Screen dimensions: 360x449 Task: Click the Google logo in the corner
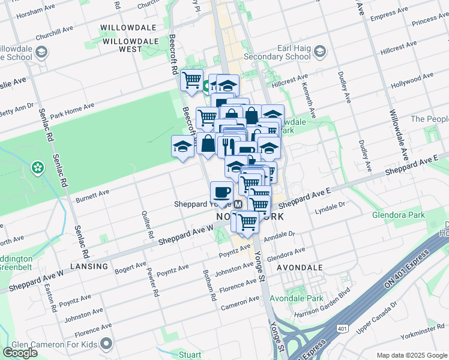[x=20, y=353]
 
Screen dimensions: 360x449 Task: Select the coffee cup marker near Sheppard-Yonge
[x=221, y=193]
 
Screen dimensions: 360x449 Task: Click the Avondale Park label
[x=296, y=298]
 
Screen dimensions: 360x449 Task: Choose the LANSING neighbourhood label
[x=88, y=266]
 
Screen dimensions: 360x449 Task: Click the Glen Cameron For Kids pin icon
[x=107, y=344]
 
